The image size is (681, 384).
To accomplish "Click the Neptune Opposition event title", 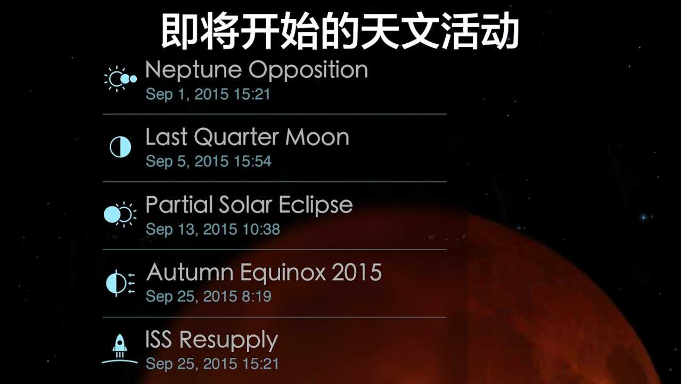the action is click(x=257, y=70).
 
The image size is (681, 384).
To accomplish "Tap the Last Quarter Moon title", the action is click(x=247, y=138).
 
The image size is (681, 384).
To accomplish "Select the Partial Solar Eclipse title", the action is click(x=249, y=205).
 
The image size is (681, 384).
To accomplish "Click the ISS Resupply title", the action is click(x=211, y=340).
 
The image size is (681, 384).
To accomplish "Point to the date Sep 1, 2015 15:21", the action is click(x=208, y=94).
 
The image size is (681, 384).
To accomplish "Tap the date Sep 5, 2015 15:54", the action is click(x=208, y=161).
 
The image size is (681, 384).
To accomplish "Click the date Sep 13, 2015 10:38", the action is click(x=213, y=229).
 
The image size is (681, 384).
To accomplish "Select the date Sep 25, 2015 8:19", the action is click(x=208, y=297).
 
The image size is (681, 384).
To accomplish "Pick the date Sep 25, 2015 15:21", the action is click(x=212, y=364).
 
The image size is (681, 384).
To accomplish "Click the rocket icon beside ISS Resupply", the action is click(x=120, y=349).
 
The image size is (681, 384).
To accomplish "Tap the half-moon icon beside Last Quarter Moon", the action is click(x=120, y=147).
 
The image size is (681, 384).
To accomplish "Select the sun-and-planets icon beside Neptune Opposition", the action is click(x=120, y=79).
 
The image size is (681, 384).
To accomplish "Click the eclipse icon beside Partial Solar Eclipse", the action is click(x=120, y=214).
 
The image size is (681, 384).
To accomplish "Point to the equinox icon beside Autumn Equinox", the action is click(x=120, y=283).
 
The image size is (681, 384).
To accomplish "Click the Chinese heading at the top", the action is click(x=340, y=31).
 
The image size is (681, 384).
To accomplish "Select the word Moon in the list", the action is click(x=317, y=138).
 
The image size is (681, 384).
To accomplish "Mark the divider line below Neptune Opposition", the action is click(x=275, y=114).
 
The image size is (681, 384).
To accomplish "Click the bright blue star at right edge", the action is click(x=644, y=218).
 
